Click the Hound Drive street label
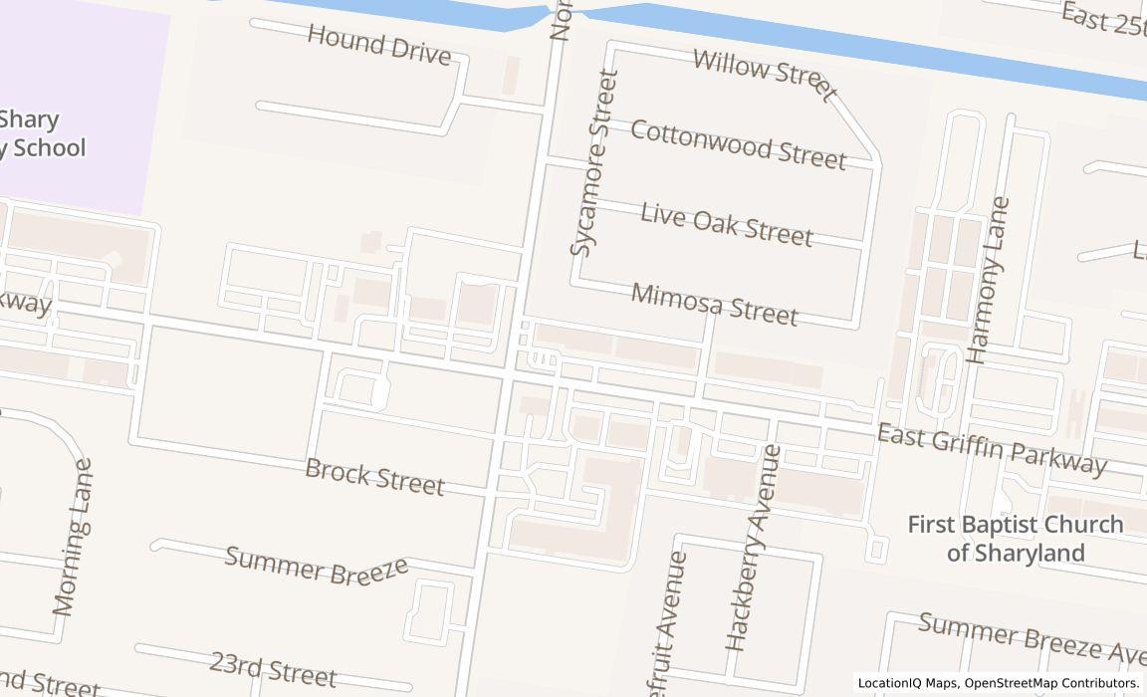coord(378,45)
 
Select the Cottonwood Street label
coord(738,145)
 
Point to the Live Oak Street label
coord(726,224)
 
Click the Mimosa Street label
coord(714,304)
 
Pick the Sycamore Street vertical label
coord(594,162)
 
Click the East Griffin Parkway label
coord(991,449)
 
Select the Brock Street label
coord(374,476)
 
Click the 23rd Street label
coord(273,668)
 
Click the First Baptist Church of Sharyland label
coord(1015,538)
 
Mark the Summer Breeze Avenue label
coord(1031,637)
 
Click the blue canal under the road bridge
coord(563,12)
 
